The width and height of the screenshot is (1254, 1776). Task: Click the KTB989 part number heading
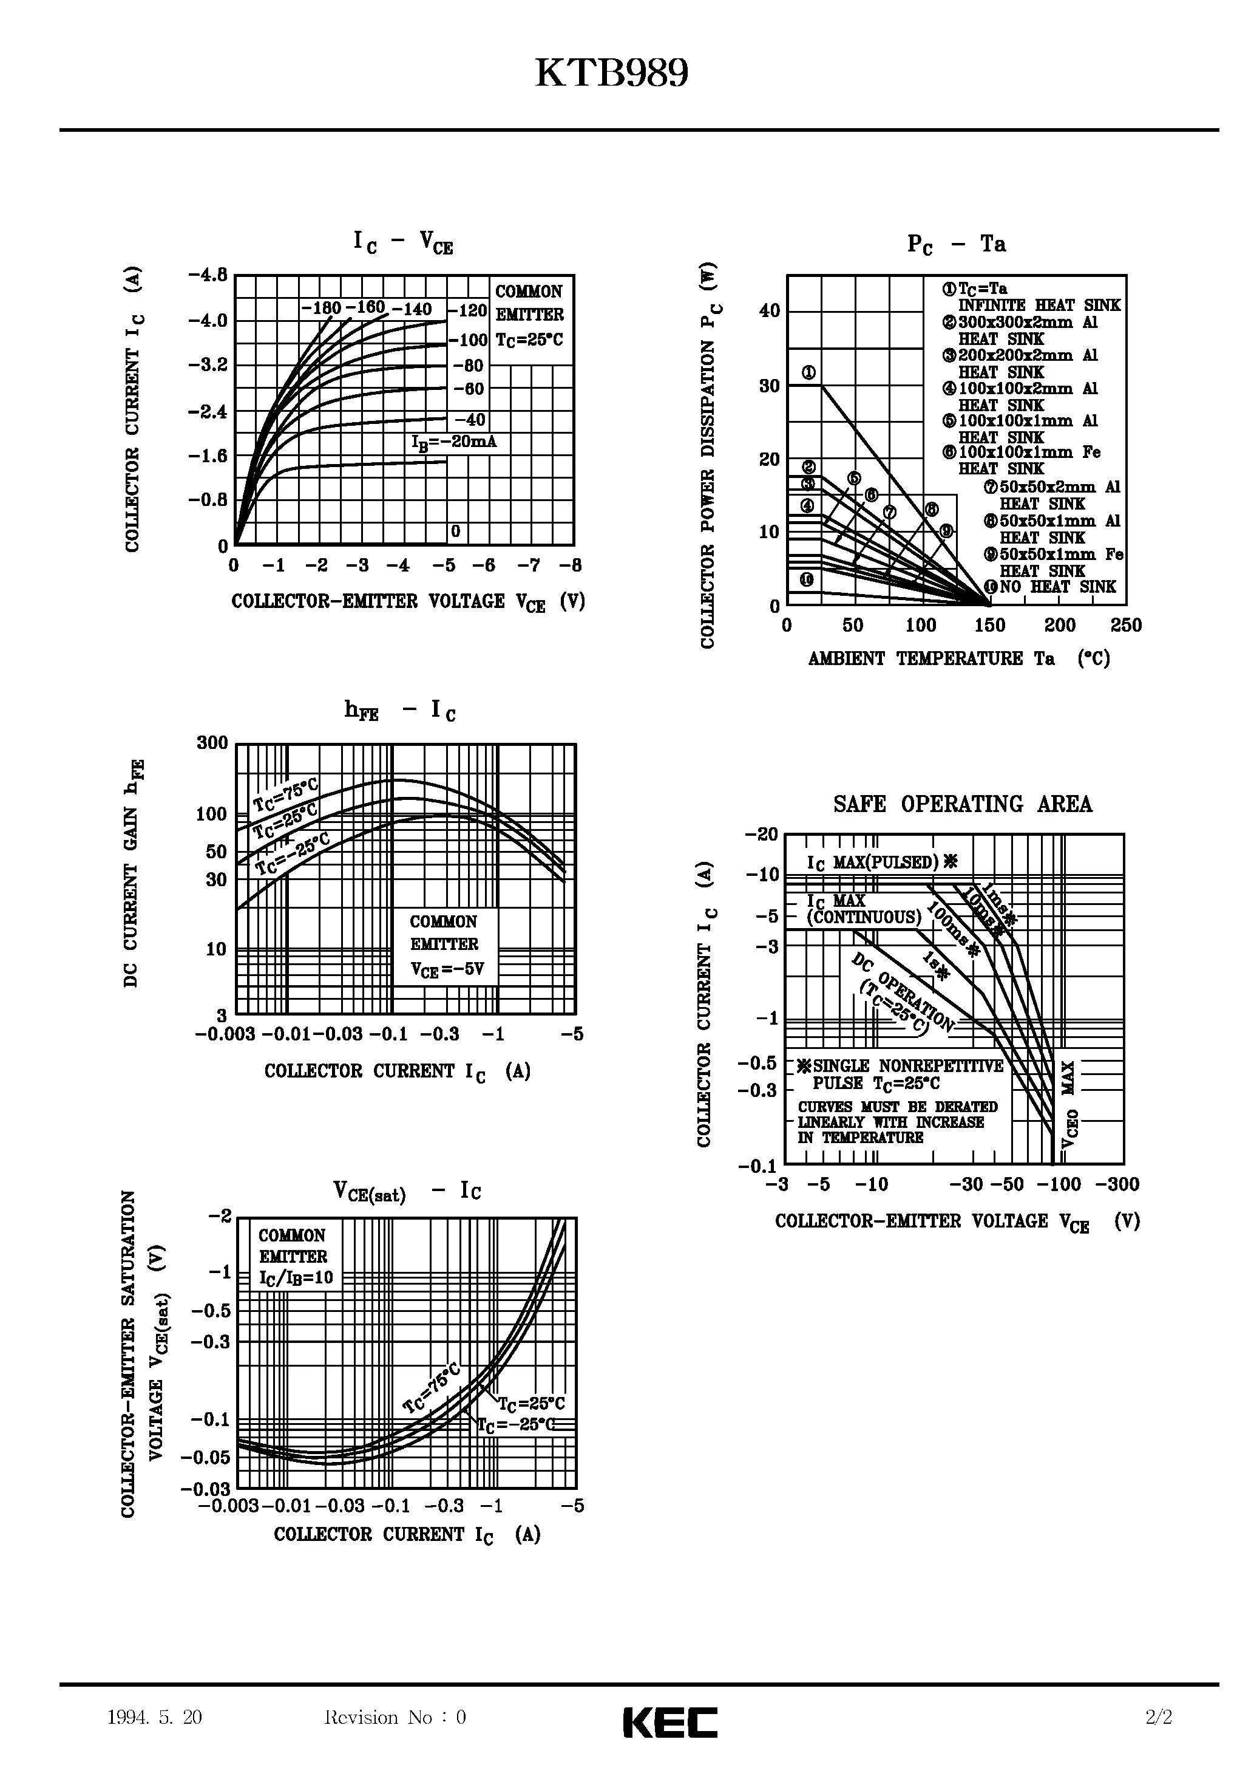click(611, 75)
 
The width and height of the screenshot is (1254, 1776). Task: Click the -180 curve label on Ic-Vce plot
click(321, 309)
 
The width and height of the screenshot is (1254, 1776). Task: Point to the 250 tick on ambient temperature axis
click(1126, 626)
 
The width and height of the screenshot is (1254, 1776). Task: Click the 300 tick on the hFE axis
click(212, 743)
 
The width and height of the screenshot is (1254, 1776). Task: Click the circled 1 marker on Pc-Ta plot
click(808, 373)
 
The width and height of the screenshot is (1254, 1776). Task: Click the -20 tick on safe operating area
click(762, 835)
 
